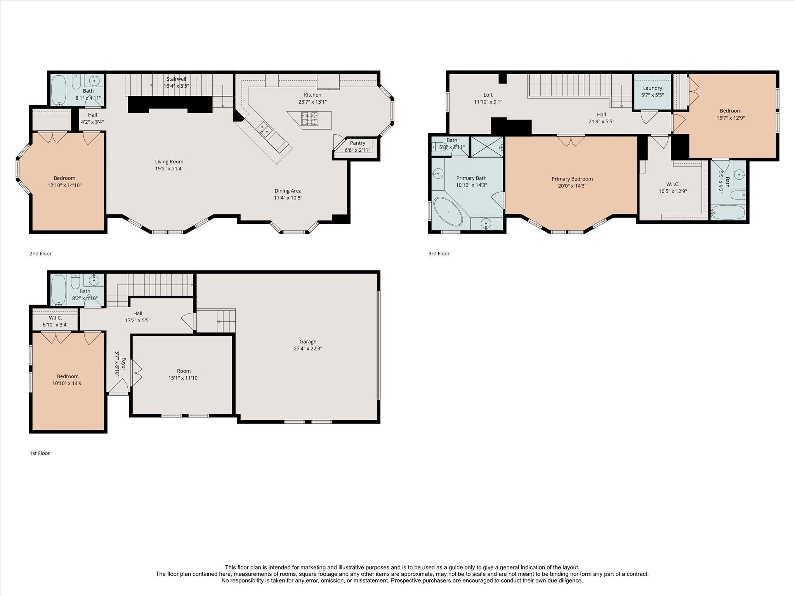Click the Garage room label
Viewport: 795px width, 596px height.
pos(307,341)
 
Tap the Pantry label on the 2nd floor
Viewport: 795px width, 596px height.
pos(357,143)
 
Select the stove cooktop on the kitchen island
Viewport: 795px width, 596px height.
pos(310,119)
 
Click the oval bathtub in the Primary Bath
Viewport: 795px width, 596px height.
pos(448,211)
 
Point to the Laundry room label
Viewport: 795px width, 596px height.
pos(652,88)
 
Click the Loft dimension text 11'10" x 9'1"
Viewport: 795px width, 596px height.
pos(488,102)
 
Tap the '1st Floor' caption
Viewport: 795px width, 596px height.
pos(40,453)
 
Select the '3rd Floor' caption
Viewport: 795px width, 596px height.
pos(439,253)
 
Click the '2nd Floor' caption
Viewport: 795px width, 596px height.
pos(40,253)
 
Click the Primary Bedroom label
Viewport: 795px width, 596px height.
pos(572,179)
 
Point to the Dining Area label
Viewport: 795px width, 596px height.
pos(288,191)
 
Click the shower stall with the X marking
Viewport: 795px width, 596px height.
pos(486,147)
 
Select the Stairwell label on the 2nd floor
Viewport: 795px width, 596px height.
pos(176,79)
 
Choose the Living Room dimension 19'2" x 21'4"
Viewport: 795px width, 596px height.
pos(169,169)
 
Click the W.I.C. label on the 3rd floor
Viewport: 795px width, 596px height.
pos(672,184)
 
